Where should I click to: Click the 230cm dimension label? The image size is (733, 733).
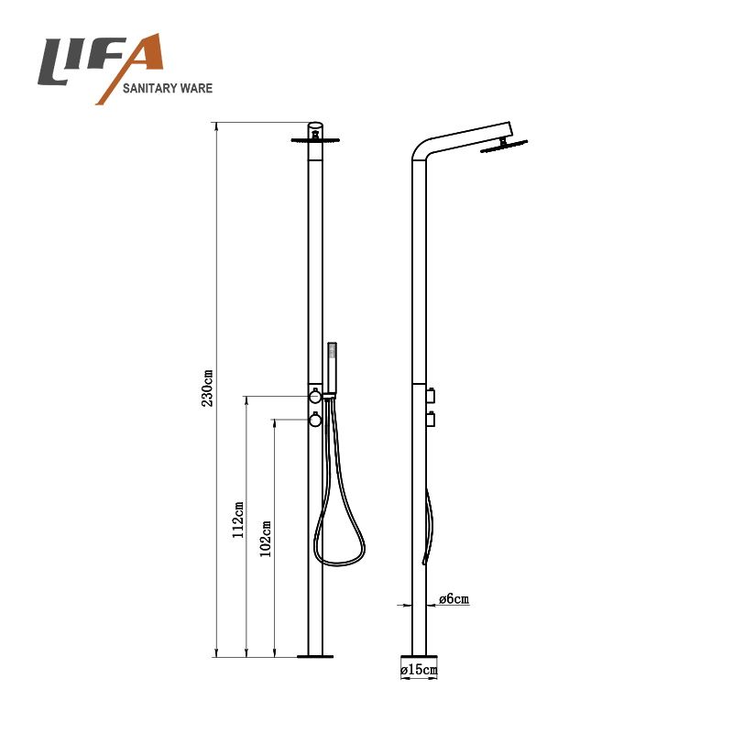click(x=207, y=388)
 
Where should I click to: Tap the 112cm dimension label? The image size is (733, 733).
click(x=238, y=520)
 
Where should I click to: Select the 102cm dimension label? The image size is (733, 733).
click(x=266, y=539)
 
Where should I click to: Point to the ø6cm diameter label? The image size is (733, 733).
click(x=454, y=598)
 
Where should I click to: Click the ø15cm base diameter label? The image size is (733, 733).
click(x=420, y=670)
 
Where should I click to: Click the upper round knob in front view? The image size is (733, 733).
click(x=315, y=396)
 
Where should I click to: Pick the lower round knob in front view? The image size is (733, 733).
click(x=315, y=420)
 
